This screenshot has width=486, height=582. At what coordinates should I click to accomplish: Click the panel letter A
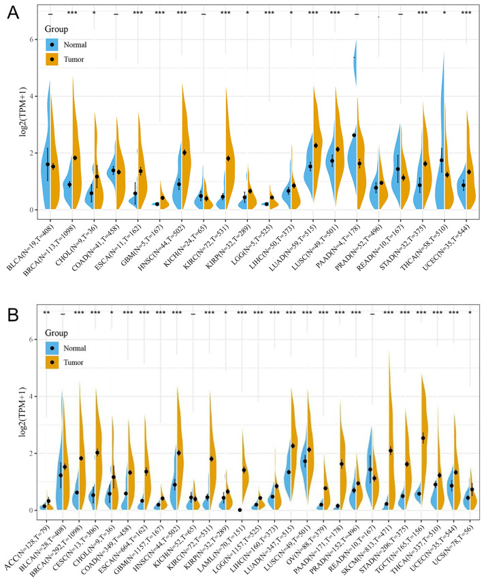click(x=12, y=12)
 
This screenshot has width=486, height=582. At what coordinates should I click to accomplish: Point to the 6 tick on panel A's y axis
click(x=31, y=40)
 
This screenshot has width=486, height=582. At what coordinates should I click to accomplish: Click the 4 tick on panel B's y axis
click(x=31, y=396)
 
